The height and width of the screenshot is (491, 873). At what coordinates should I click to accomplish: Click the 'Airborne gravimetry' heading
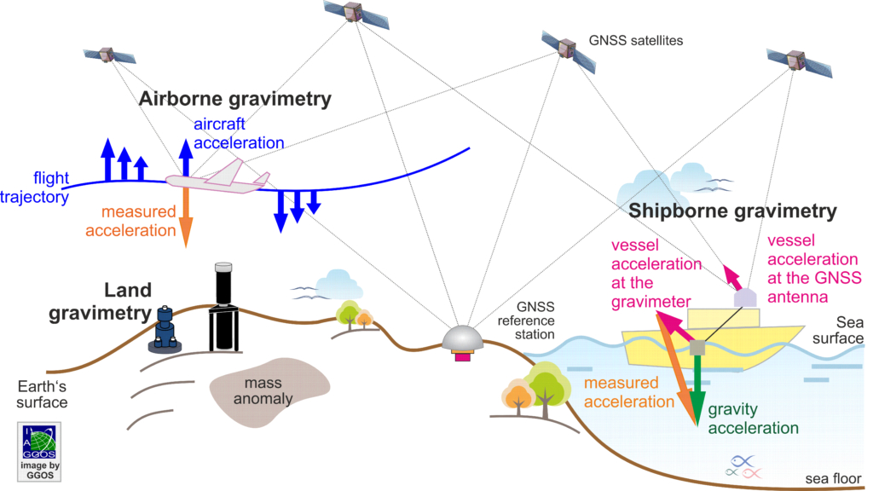235,99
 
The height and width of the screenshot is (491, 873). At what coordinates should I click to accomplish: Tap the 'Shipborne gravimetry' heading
732,211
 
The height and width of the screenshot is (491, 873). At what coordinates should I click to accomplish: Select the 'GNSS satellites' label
636,41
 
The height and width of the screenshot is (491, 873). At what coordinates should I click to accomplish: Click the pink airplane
217,178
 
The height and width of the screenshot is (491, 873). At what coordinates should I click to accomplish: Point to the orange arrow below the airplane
186,217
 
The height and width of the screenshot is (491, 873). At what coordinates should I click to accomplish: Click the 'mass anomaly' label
263,390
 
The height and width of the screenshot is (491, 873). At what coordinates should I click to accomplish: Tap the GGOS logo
39,452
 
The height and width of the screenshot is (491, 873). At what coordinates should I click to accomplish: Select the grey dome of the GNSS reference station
462,338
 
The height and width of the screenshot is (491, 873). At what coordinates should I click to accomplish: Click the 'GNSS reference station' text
526,321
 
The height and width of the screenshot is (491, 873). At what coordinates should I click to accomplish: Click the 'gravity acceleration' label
754,419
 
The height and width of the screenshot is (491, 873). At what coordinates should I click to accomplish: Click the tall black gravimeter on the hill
224,307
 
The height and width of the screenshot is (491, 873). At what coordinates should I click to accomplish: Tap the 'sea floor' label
833,479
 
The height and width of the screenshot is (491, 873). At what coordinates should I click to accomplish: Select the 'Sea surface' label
839,330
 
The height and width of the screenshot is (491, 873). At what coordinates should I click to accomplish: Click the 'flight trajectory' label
34,188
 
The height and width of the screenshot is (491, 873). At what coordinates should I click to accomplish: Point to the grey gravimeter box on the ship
697,348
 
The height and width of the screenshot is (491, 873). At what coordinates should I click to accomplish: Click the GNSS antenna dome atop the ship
745,298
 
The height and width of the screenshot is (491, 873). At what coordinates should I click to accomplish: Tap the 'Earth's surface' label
43,394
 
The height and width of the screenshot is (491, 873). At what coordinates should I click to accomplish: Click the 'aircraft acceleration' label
239,134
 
